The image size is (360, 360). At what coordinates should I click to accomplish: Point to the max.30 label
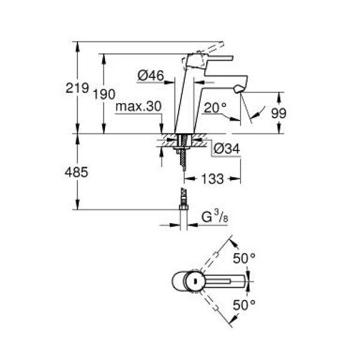(139, 107)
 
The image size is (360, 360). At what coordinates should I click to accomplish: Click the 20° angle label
(215, 108)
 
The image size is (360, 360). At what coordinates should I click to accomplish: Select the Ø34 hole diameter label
(226, 148)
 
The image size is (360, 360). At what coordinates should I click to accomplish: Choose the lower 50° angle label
(244, 304)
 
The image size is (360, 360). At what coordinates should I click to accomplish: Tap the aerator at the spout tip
(239, 89)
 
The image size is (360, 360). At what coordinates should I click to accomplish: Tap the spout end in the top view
(246, 280)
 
